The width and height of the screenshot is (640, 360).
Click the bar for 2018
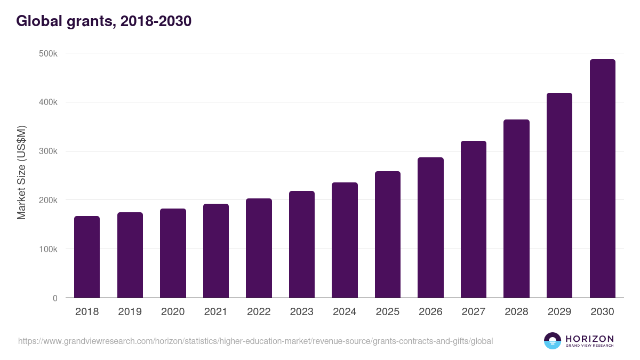click(x=87, y=257)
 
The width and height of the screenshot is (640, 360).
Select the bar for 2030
click(x=602, y=179)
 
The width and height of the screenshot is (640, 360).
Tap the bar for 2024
click(x=345, y=240)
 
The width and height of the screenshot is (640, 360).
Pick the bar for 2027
click(x=474, y=219)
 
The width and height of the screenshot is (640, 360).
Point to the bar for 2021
click(x=216, y=251)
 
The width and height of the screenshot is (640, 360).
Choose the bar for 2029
click(x=559, y=195)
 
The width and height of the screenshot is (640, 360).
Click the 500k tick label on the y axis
click(x=47, y=53)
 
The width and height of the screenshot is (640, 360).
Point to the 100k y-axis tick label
click(x=47, y=249)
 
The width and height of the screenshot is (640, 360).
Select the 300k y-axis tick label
click(x=47, y=151)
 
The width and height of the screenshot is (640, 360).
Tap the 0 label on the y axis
click(x=55, y=298)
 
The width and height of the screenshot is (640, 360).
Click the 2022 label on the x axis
click(x=259, y=312)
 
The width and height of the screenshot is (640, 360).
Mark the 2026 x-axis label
click(x=430, y=312)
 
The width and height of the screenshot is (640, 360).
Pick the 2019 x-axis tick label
click(x=130, y=312)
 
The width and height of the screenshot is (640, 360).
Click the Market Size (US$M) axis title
click(x=21, y=172)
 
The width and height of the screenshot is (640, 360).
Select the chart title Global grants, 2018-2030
click(x=103, y=21)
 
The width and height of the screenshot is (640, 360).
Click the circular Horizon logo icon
click(x=553, y=341)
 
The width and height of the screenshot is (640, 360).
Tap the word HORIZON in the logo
click(x=589, y=339)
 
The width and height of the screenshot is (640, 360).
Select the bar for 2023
click(x=302, y=244)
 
